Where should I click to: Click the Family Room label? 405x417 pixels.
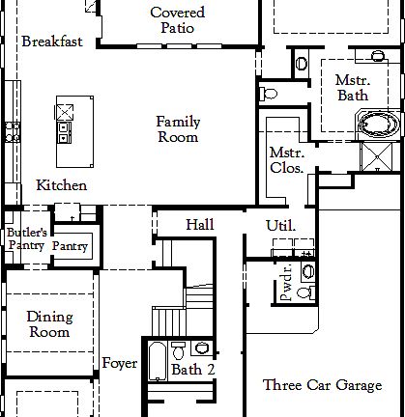click(178, 129)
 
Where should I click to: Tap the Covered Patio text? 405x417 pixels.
click(177, 20)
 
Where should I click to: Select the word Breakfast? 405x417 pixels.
click(51, 42)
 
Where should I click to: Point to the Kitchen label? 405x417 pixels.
click(62, 185)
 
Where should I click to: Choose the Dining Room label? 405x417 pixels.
click(48, 324)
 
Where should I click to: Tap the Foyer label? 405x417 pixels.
click(120, 364)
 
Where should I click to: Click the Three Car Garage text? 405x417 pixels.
click(322, 385)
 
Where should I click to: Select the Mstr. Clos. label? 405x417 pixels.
click(287, 160)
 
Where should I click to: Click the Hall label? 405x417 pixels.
click(200, 225)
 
